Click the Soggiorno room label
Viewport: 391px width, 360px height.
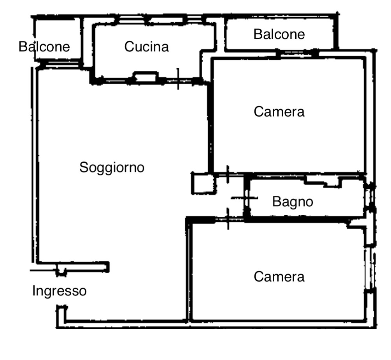[x=112, y=167]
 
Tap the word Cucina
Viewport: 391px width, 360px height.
[x=147, y=47]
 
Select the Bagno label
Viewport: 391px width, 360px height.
[x=293, y=202]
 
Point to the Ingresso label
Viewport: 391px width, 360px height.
[x=59, y=291]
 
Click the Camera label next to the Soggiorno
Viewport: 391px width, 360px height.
[x=279, y=112]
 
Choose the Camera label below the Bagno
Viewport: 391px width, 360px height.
[x=279, y=277]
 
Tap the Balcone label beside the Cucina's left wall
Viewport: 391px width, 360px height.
[x=44, y=47]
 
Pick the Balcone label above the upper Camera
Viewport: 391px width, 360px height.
[x=279, y=35]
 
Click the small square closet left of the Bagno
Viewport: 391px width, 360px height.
[x=203, y=184]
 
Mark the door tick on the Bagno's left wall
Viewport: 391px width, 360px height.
[x=245, y=198]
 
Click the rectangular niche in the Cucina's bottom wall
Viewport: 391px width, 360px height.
[x=146, y=77]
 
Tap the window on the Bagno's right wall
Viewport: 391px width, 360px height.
[x=370, y=198]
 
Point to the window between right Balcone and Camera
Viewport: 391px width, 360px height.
[x=297, y=53]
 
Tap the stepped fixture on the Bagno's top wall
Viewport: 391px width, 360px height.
[x=323, y=181]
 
